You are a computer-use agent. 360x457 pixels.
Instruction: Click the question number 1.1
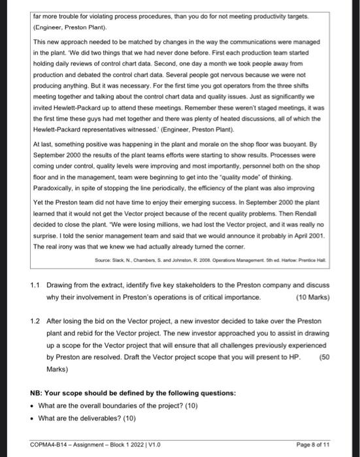coord(37,285)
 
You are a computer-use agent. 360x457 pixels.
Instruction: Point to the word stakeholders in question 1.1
coord(193,285)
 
